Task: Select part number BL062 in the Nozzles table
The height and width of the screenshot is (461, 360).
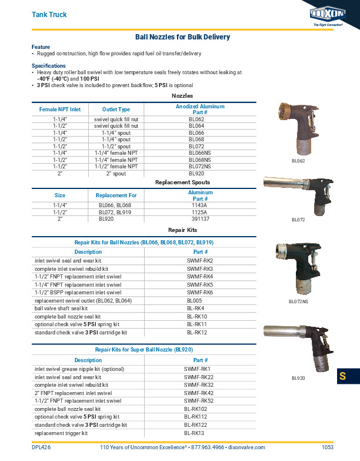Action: [x=196, y=120]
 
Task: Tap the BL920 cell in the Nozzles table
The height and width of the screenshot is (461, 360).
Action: [x=196, y=174]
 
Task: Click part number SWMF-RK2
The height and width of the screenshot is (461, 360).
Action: [x=199, y=260]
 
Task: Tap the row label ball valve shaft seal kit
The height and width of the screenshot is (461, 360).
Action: [x=61, y=308]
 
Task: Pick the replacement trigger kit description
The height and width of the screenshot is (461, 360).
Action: [x=61, y=433]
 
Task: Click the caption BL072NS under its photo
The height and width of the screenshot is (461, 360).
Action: [x=298, y=301]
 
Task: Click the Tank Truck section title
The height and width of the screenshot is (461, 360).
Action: [x=49, y=14]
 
